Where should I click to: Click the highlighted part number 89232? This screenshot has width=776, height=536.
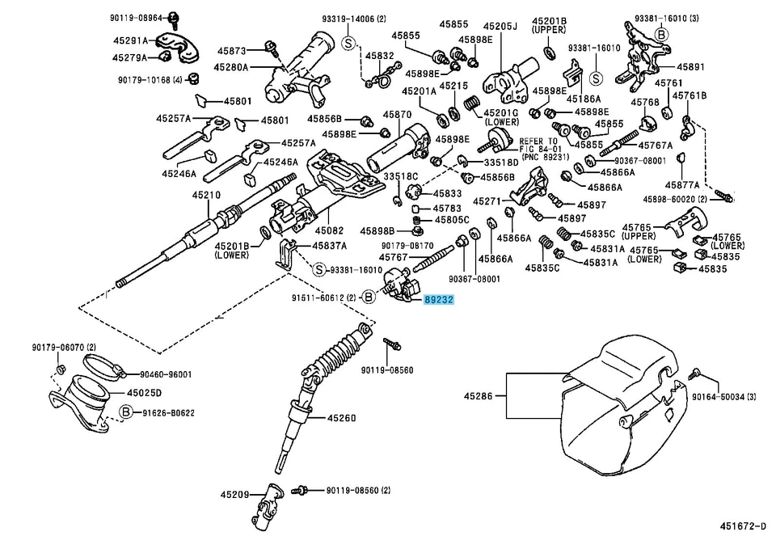[x=439, y=299]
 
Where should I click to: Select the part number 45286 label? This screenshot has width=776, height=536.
[x=479, y=396]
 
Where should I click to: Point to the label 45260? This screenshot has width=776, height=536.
[x=341, y=418]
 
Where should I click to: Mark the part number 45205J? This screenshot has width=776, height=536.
[x=501, y=26]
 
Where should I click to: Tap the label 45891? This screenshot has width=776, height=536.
[x=691, y=67]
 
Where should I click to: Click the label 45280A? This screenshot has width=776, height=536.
[x=232, y=67]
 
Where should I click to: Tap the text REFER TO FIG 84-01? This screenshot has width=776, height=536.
[x=543, y=146]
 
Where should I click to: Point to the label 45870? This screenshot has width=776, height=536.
[x=398, y=115]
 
